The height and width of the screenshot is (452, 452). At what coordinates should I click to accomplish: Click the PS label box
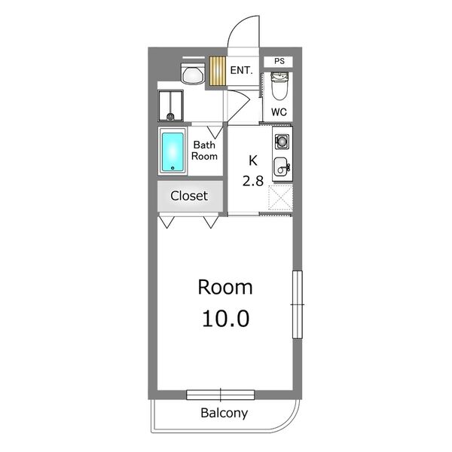pyautogui.click(x=279, y=62)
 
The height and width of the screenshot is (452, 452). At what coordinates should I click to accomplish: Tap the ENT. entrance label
pyautogui.click(x=241, y=70)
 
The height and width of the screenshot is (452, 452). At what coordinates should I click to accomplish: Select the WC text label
pyautogui.click(x=279, y=111)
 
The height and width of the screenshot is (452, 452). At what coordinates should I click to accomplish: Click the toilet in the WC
pyautogui.click(x=279, y=86)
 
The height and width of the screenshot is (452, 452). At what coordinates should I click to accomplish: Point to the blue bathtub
pyautogui.click(x=173, y=152)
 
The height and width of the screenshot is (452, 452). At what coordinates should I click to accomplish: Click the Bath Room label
pyautogui.click(x=204, y=150)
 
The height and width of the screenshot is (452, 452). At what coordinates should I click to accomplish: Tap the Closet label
pyautogui.click(x=189, y=196)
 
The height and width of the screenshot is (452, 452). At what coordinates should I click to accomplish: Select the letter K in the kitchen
pyautogui.click(x=253, y=160)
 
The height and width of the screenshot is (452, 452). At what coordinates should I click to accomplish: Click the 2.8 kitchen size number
pyautogui.click(x=253, y=181)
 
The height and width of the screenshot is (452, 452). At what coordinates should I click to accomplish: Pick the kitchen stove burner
pyautogui.click(x=282, y=142)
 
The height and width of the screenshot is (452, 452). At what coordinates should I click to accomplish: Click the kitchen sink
pyautogui.click(x=281, y=166)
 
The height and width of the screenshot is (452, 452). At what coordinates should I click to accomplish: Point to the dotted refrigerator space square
pyautogui.click(x=280, y=197)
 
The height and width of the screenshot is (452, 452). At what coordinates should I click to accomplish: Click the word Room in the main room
pyautogui.click(x=225, y=288)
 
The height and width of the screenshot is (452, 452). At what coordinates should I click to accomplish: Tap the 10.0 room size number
pyautogui.click(x=226, y=319)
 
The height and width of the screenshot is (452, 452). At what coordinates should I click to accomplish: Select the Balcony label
pyautogui.click(x=224, y=413)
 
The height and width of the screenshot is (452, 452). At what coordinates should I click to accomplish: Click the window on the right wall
pyautogui.click(x=298, y=304)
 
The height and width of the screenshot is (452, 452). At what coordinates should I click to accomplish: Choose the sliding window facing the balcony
pyautogui.click(x=220, y=395)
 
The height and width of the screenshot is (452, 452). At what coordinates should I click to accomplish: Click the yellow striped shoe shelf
pyautogui.click(x=218, y=71)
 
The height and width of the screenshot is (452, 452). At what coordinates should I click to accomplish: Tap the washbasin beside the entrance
pyautogui.click(x=193, y=73)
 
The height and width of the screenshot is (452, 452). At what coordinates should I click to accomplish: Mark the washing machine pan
pyautogui.click(x=171, y=105)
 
